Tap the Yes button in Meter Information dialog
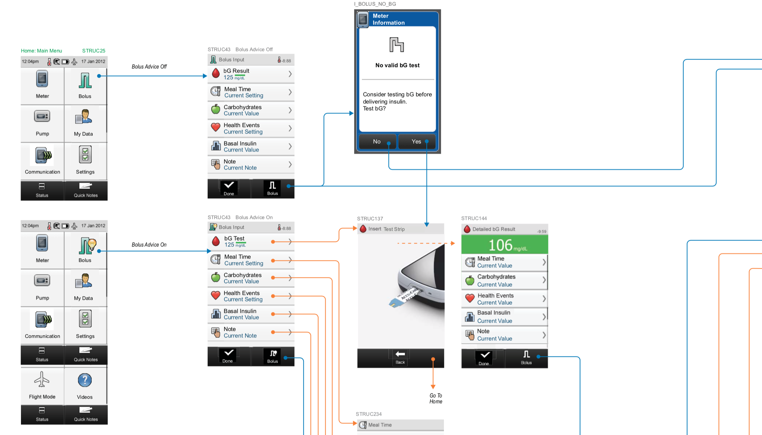tap(416, 142)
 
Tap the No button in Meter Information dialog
tap(377, 142)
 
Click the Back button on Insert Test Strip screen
tap(400, 357)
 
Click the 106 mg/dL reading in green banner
tap(505, 245)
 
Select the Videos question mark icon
tap(85, 380)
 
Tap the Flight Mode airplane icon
tap(42, 380)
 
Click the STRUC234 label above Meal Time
tap(369, 414)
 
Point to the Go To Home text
tap(436, 398)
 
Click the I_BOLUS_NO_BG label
tap(375, 4)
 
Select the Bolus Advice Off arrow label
tap(149, 67)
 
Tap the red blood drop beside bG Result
tap(216, 73)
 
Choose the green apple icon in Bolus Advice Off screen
tap(216, 109)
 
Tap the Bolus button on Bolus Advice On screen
tap(273, 356)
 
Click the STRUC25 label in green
tap(94, 51)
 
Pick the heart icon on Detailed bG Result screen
tap(470, 298)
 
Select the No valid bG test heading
tap(397, 65)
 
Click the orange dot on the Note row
tap(273, 332)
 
